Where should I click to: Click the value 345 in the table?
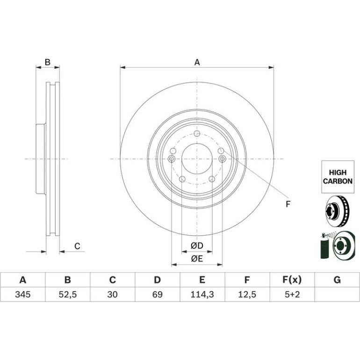[x=23, y=295]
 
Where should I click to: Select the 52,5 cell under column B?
[x=67, y=295]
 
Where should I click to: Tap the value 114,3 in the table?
[x=202, y=295]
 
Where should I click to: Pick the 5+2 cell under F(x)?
[x=292, y=295]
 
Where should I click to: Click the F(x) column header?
[x=292, y=280]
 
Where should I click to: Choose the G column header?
[x=337, y=280]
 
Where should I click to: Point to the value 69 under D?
[x=158, y=295]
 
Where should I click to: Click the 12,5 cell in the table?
[x=247, y=295]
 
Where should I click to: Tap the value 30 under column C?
[x=113, y=295]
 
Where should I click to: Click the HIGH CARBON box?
[x=338, y=177]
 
